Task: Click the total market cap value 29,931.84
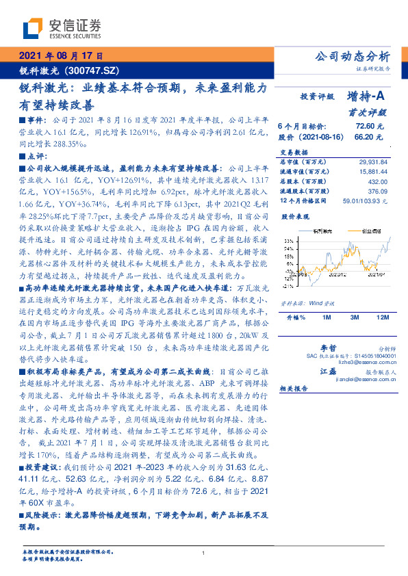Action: (372, 161)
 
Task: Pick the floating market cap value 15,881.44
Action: (372, 171)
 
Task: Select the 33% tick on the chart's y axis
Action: (290, 241)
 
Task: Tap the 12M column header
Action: (383, 318)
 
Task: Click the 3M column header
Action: (355, 318)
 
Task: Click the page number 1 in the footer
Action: (204, 553)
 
